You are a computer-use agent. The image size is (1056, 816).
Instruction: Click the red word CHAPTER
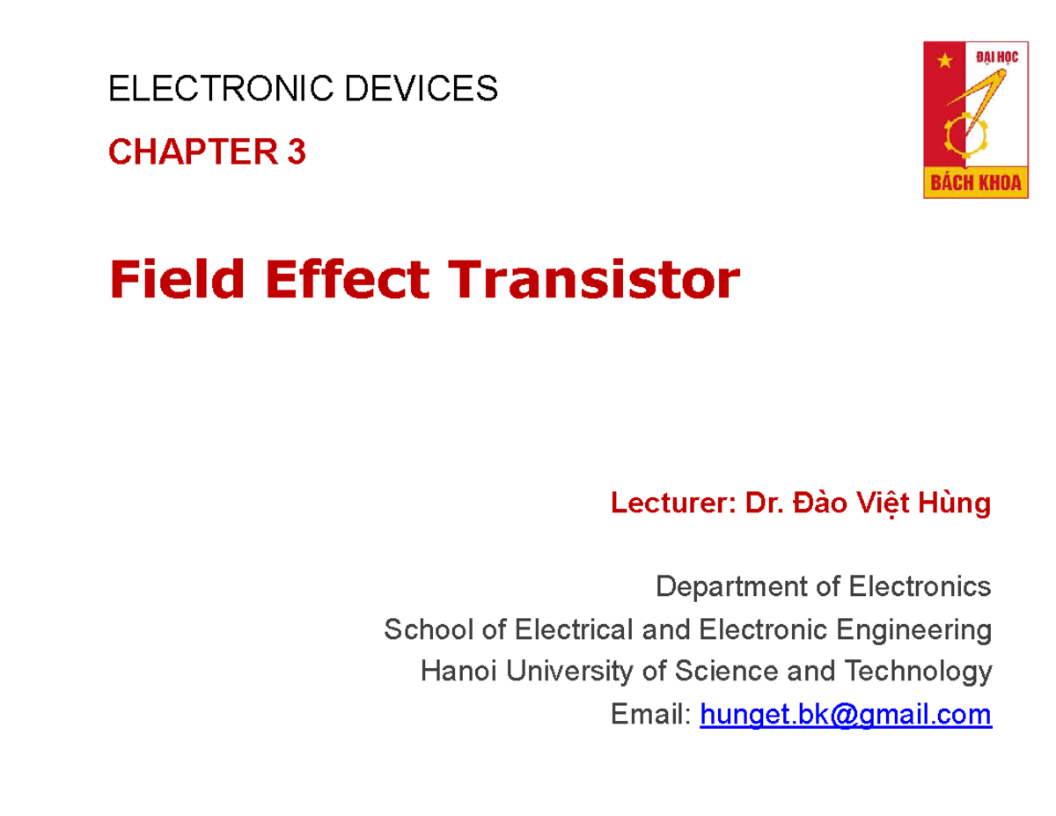click(192, 154)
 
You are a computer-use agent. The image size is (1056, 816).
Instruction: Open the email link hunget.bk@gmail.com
click(845, 715)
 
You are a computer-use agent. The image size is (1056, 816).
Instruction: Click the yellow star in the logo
click(946, 61)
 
